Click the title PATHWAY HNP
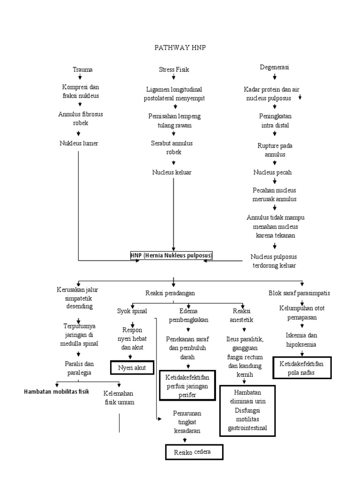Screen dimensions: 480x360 click(180, 47)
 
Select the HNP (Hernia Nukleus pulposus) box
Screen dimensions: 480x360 click(172, 255)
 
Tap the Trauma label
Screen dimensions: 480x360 click(82, 69)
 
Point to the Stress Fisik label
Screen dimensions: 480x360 click(174, 69)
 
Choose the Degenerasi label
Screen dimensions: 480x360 click(274, 67)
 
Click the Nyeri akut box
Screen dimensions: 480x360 click(132, 368)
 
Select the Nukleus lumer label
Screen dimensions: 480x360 click(79, 143)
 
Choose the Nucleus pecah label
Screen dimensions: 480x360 click(272, 172)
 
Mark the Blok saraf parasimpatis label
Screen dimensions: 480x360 click(299, 293)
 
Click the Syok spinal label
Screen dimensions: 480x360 click(132, 310)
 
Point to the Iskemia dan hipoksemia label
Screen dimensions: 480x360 click(302, 339)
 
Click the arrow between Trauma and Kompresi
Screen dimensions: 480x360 click(80, 77)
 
